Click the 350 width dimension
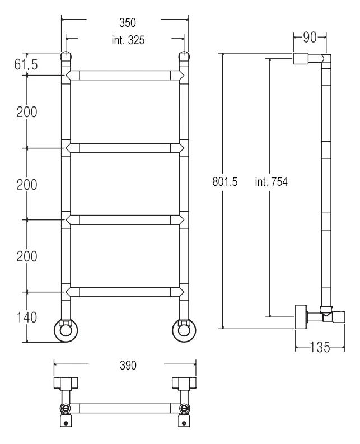tap(128, 22)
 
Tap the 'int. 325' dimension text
tap(128, 40)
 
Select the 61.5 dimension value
tap(26, 64)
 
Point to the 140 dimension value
tap(27, 317)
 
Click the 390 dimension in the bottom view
tap(128, 365)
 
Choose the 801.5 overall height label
tap(225, 181)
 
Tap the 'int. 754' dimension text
tap(271, 181)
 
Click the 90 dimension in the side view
tap(310, 38)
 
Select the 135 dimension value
tap(320, 347)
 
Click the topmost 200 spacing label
tap(27, 112)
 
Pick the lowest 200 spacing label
tap(27, 256)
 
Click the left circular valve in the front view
tap(66, 330)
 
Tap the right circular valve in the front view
tap(184, 330)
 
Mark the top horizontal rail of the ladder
tap(125, 76)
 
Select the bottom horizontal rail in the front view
tap(125, 292)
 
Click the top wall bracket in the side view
tap(301, 59)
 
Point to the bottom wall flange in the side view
tap(301, 317)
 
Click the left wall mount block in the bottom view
tap(66, 382)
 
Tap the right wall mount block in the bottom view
tap(184, 382)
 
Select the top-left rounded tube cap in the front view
tap(66, 57)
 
